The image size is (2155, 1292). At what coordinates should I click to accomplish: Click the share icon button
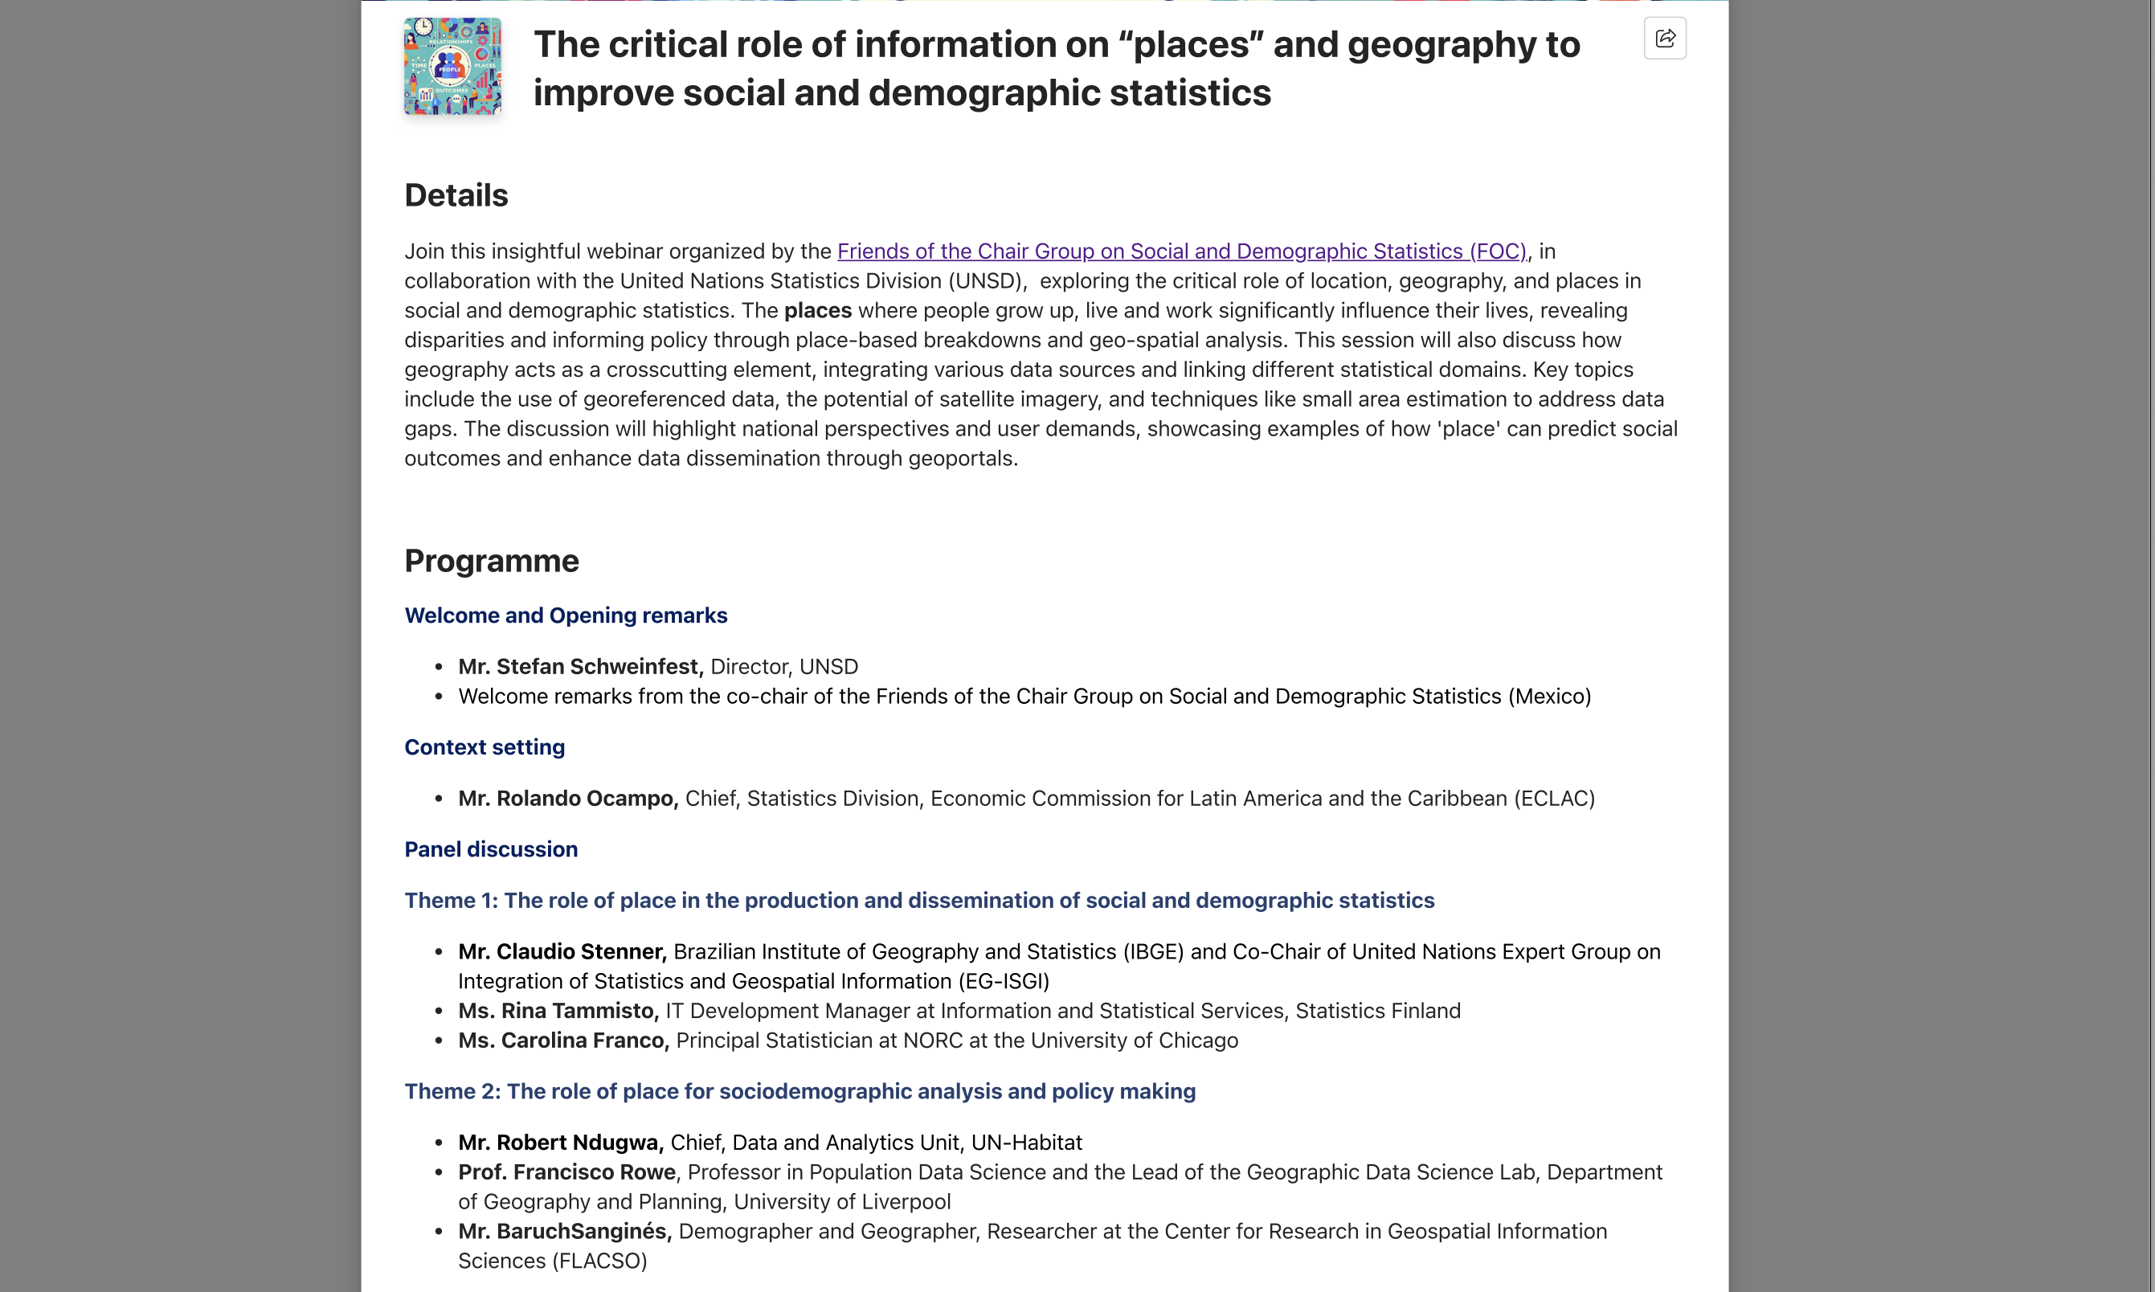[1664, 39]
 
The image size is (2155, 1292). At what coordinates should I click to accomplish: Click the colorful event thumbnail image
[452, 67]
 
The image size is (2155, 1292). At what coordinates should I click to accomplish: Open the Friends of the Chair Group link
[1181, 251]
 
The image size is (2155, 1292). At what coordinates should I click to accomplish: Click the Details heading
[456, 195]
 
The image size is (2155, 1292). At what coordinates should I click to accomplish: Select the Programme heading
[491, 561]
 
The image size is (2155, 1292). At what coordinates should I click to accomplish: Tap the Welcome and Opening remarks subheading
[566, 615]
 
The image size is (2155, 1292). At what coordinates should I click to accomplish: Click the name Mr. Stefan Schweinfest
[580, 667]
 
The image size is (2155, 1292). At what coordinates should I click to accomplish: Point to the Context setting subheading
[485, 747]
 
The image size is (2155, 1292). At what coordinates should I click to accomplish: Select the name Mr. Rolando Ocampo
[567, 799]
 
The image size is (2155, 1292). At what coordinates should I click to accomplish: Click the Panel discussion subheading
[491, 848]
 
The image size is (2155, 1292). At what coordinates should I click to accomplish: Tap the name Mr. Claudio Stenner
[562, 951]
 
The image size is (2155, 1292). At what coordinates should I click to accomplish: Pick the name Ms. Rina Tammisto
[558, 1011]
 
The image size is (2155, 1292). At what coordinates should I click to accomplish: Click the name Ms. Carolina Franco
[563, 1041]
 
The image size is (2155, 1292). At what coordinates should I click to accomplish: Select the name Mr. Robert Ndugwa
[561, 1143]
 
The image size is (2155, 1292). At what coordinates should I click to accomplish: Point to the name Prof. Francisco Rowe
[566, 1171]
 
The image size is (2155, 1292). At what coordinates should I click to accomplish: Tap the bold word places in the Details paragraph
[817, 311]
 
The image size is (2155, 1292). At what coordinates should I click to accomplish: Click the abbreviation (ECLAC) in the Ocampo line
[1554, 799]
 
